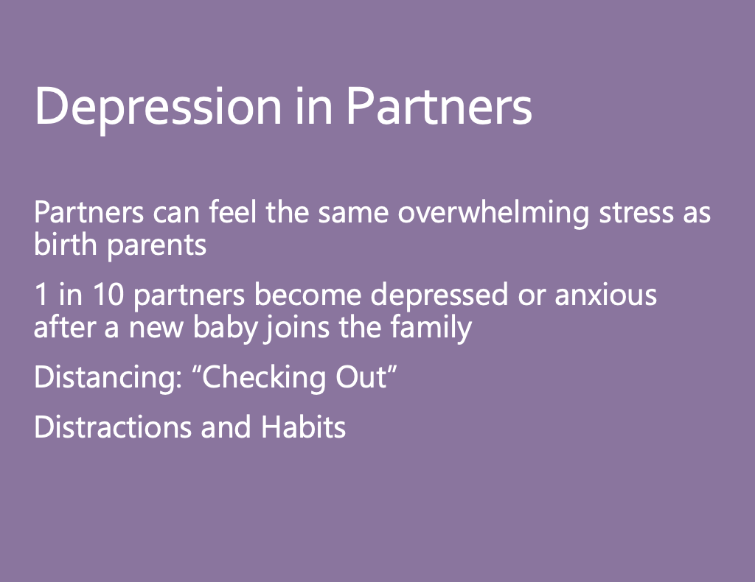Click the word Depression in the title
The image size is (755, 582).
(x=158, y=108)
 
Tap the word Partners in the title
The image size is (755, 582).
(x=439, y=106)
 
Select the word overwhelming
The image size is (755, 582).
(x=493, y=213)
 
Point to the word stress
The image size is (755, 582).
(x=636, y=213)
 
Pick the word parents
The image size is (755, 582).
(x=156, y=246)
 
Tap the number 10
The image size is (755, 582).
(x=108, y=295)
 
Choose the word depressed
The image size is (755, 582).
(x=439, y=295)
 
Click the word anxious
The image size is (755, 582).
(x=606, y=295)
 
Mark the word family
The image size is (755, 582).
(x=431, y=329)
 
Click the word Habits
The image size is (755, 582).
(x=303, y=427)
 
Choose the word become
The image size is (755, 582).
(x=307, y=295)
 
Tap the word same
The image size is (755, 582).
(x=353, y=214)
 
